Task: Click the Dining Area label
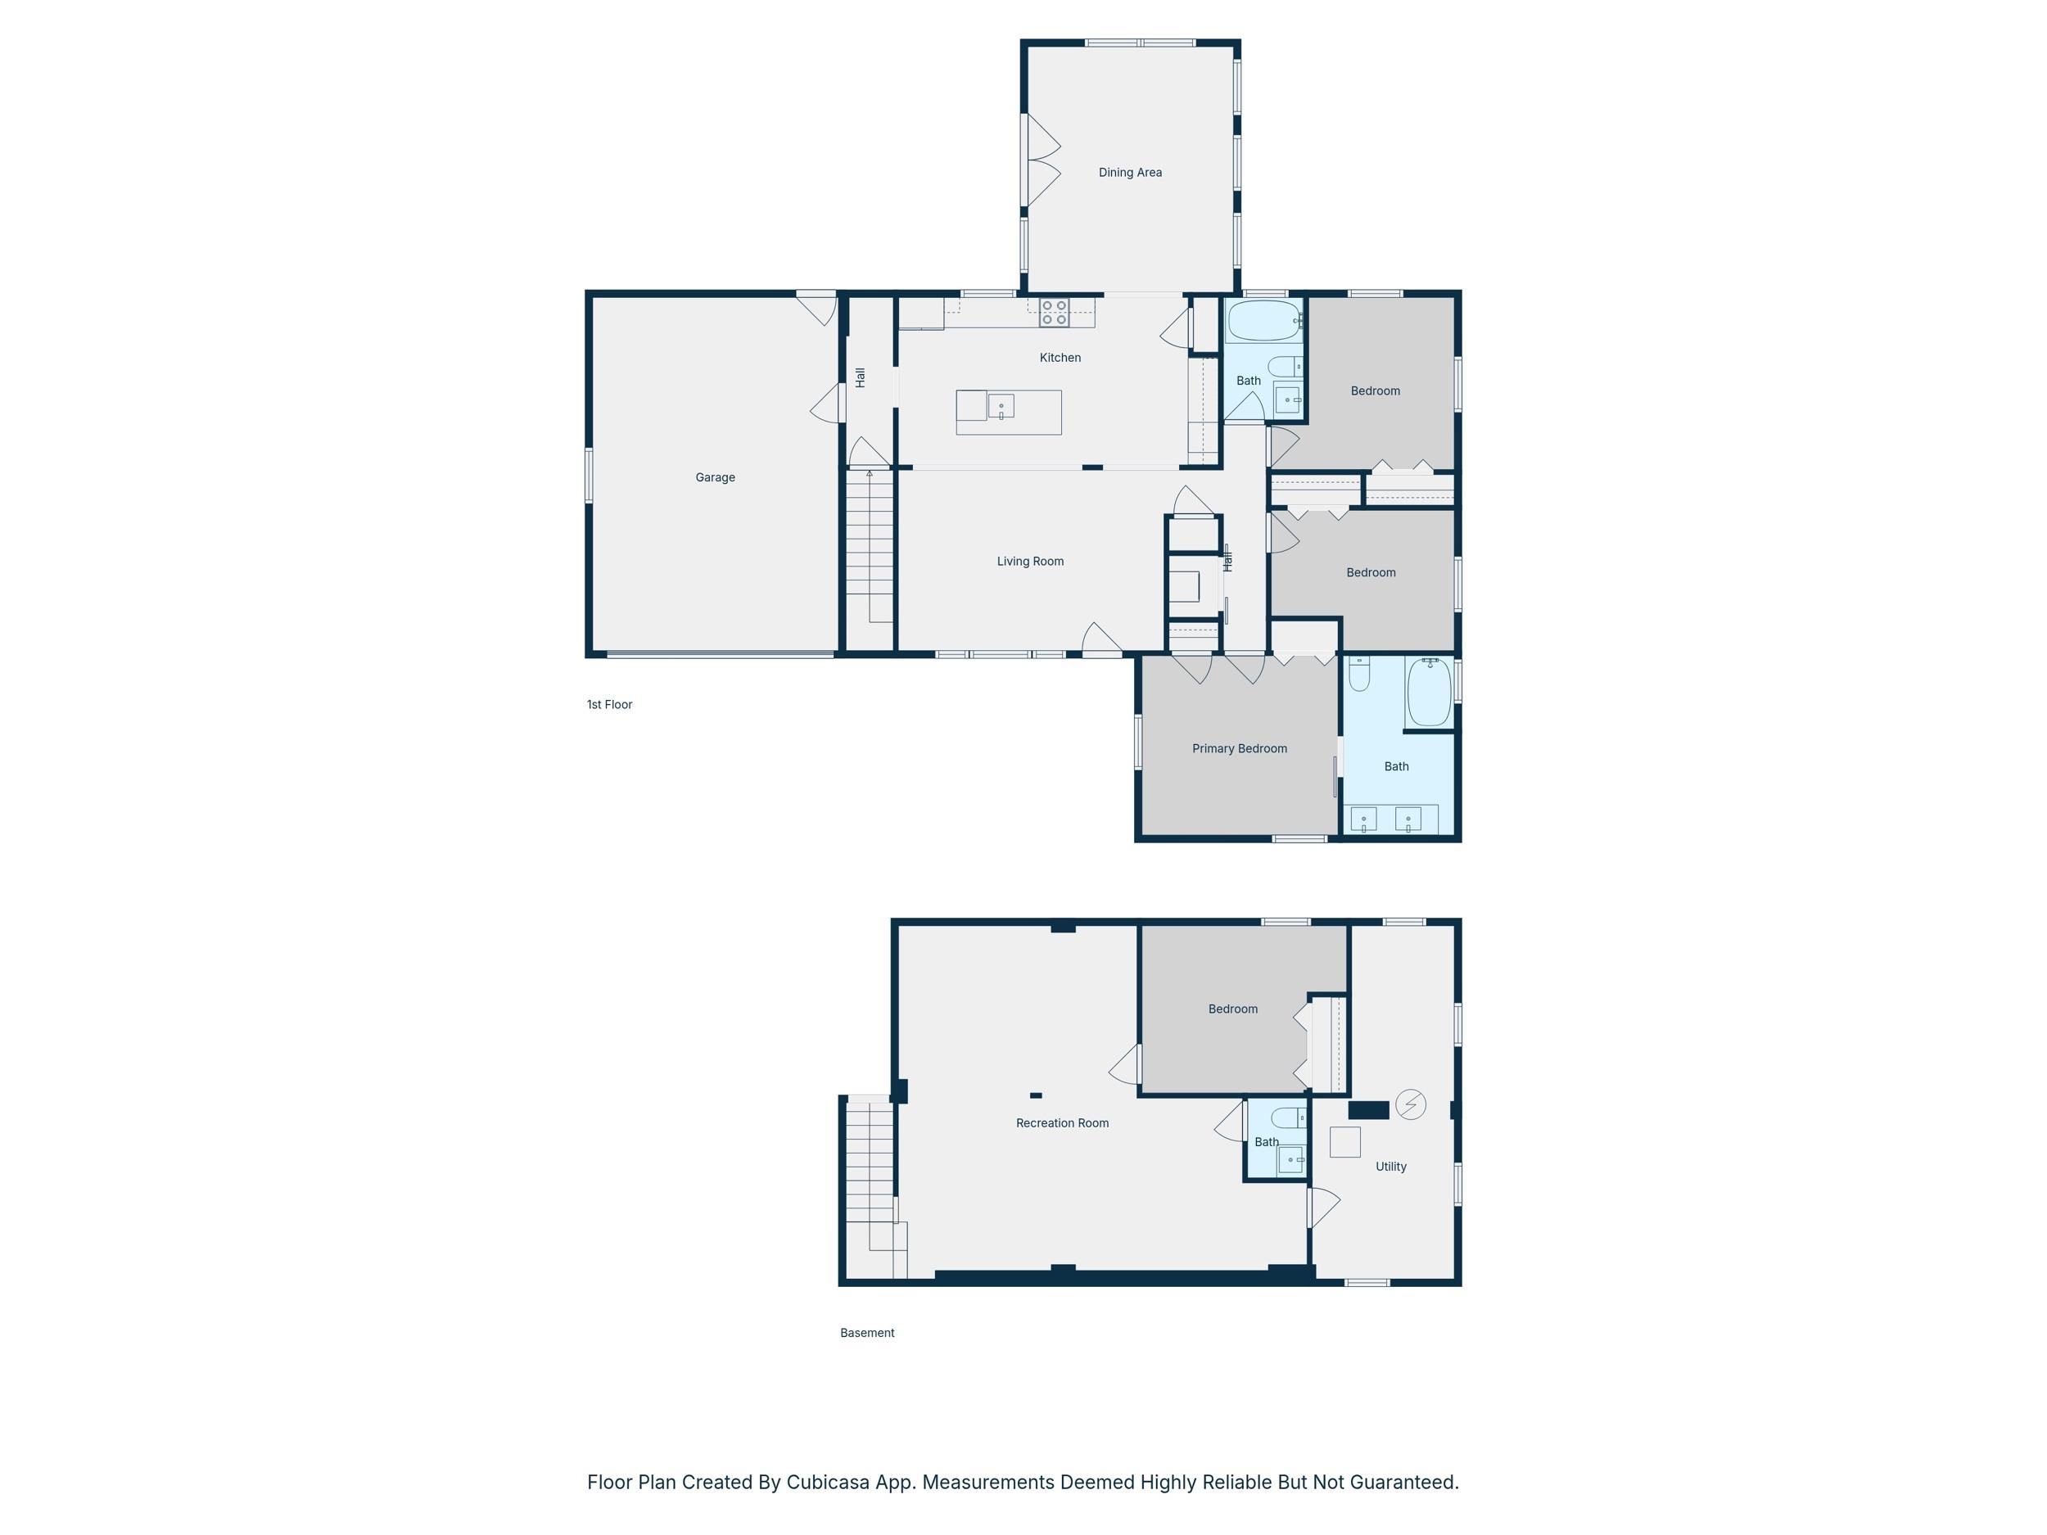(1130, 172)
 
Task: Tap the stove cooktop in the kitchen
(1054, 312)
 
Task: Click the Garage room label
(716, 477)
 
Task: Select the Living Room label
(1030, 562)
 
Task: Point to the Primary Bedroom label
(1239, 748)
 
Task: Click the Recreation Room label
(1062, 1123)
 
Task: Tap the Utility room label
(1391, 1167)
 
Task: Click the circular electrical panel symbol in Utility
(1410, 1104)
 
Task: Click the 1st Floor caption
(610, 705)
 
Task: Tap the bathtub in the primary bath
(1429, 692)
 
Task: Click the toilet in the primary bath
(1359, 674)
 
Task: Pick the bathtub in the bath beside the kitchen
(1264, 320)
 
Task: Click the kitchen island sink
(1001, 406)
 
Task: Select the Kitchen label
(1060, 358)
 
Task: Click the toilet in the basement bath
(1288, 1117)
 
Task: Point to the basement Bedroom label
(1232, 1009)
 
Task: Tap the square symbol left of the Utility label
(1344, 1143)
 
